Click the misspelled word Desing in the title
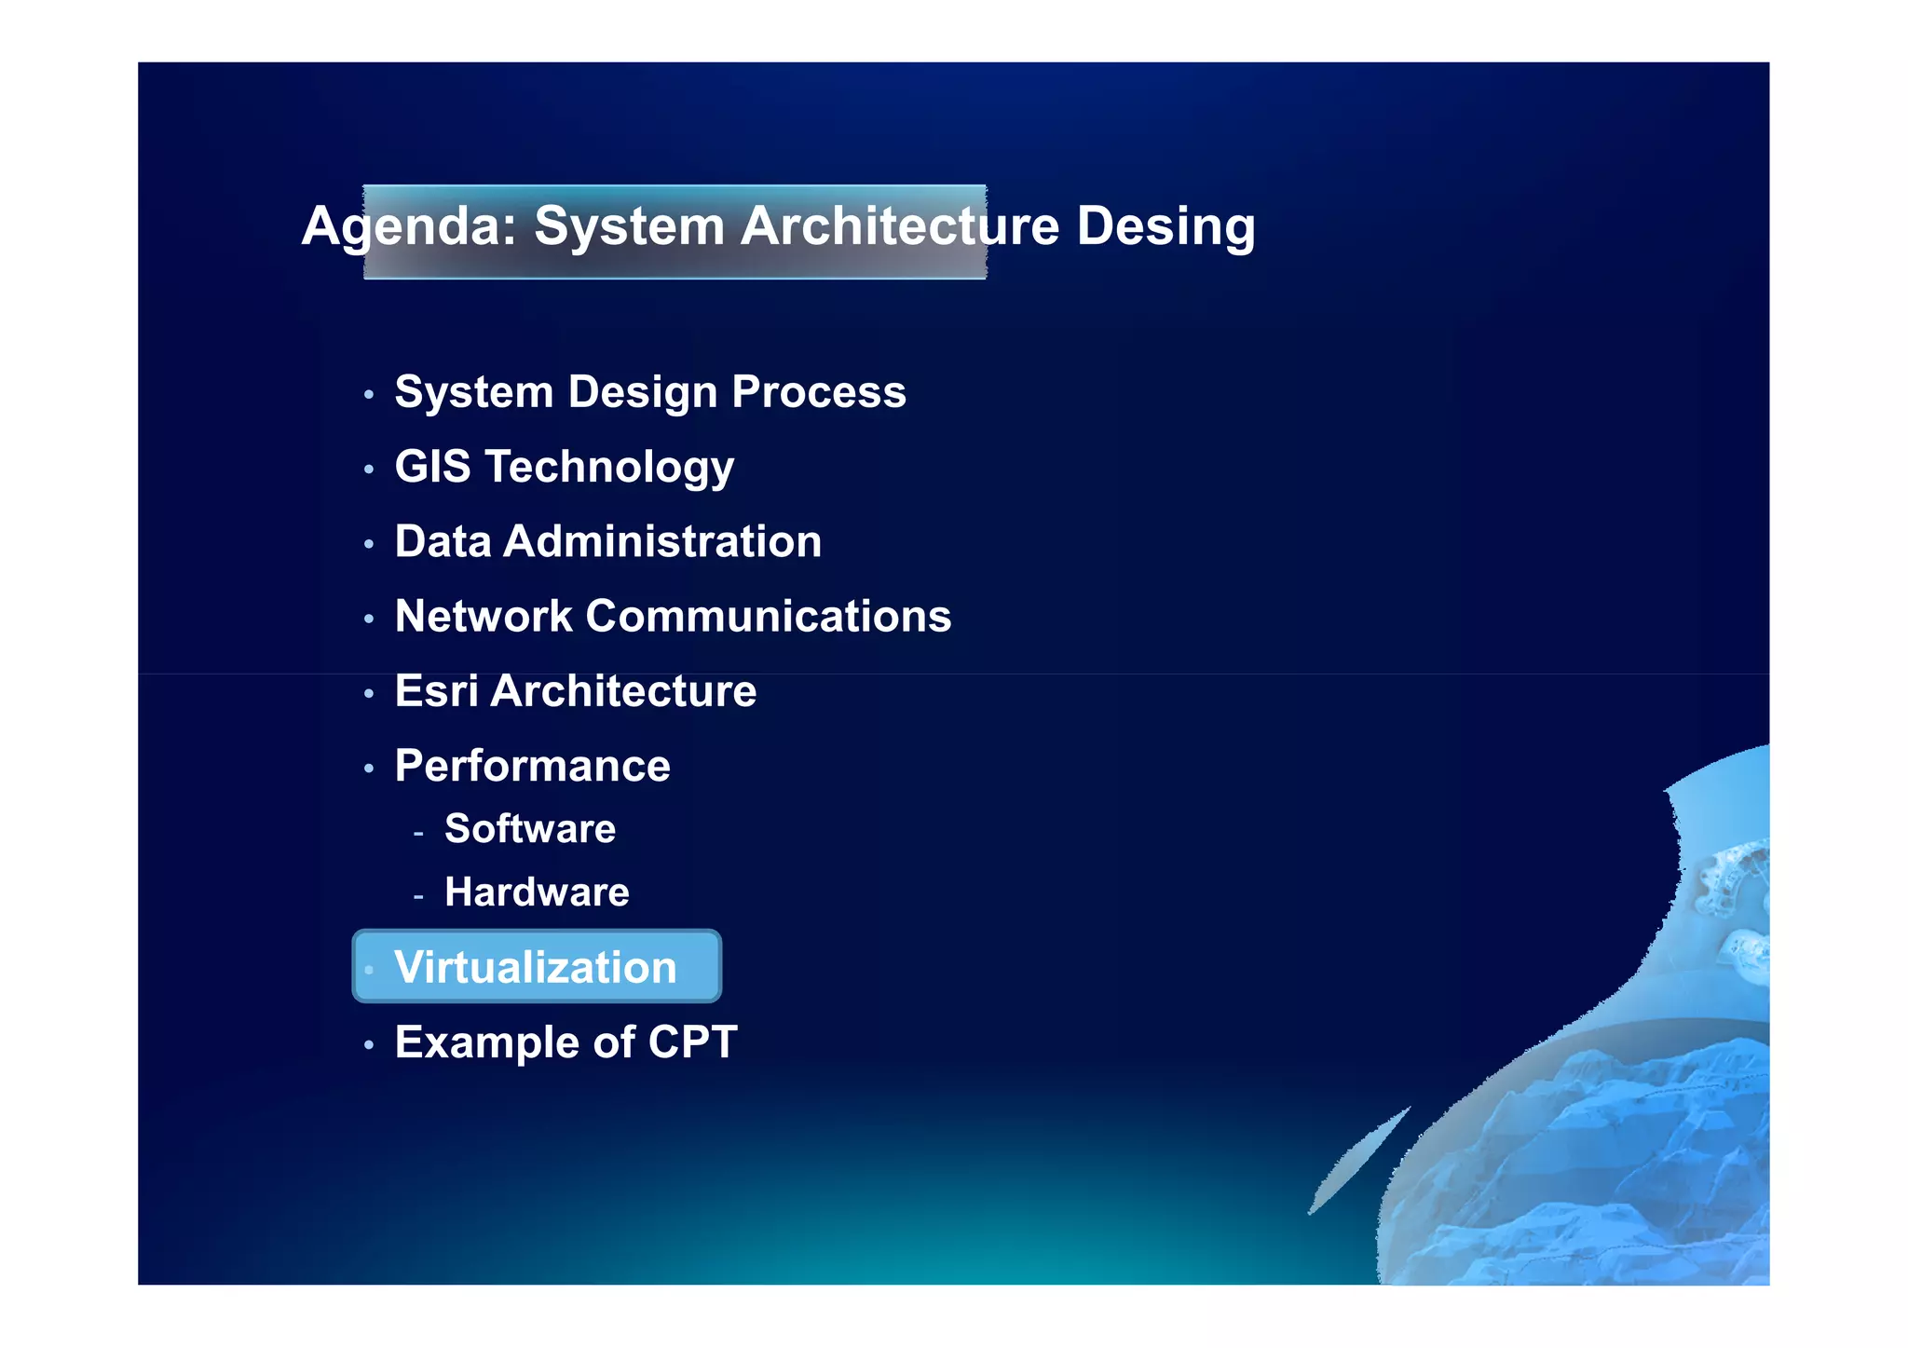[1165, 226]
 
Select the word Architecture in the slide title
[899, 226]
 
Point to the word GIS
[432, 467]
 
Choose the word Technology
[609, 468]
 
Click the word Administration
[661, 542]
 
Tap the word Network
[484, 617]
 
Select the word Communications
[769, 617]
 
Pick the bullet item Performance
[532, 767]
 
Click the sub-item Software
[529, 829]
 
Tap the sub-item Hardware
[537, 892]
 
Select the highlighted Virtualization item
[536, 967]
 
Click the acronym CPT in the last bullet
[692, 1042]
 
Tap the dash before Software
[418, 833]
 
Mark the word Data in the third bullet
[443, 542]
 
